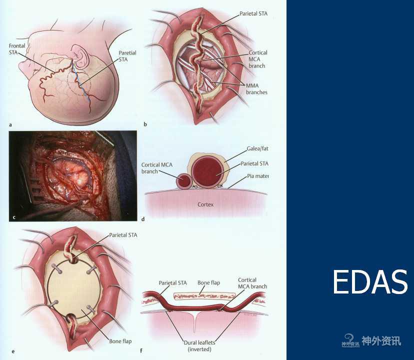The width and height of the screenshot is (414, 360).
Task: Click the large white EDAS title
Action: click(370, 282)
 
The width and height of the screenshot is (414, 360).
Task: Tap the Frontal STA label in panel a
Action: click(17, 49)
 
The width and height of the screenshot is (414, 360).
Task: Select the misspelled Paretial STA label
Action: click(127, 56)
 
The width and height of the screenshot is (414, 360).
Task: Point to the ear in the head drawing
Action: click(80, 56)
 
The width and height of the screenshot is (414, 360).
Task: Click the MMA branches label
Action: click(256, 88)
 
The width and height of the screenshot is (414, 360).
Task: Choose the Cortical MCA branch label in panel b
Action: click(257, 59)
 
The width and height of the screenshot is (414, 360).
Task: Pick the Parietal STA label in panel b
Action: click(253, 13)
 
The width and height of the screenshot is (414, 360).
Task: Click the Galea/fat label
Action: click(257, 148)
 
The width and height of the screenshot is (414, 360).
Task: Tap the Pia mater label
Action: click(257, 176)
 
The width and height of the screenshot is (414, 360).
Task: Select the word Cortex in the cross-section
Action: click(205, 204)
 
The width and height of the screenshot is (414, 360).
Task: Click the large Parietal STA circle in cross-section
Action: click(208, 172)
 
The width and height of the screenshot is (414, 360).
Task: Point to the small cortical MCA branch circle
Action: click(184, 181)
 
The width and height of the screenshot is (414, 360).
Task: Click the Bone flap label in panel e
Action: click(120, 341)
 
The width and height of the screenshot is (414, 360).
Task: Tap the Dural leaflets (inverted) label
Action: click(199, 345)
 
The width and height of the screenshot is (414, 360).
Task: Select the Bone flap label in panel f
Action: click(208, 282)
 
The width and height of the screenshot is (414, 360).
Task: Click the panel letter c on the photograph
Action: click(14, 217)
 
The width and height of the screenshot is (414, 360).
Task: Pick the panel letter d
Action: click(143, 219)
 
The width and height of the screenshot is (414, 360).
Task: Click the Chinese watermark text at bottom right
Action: click(381, 341)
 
